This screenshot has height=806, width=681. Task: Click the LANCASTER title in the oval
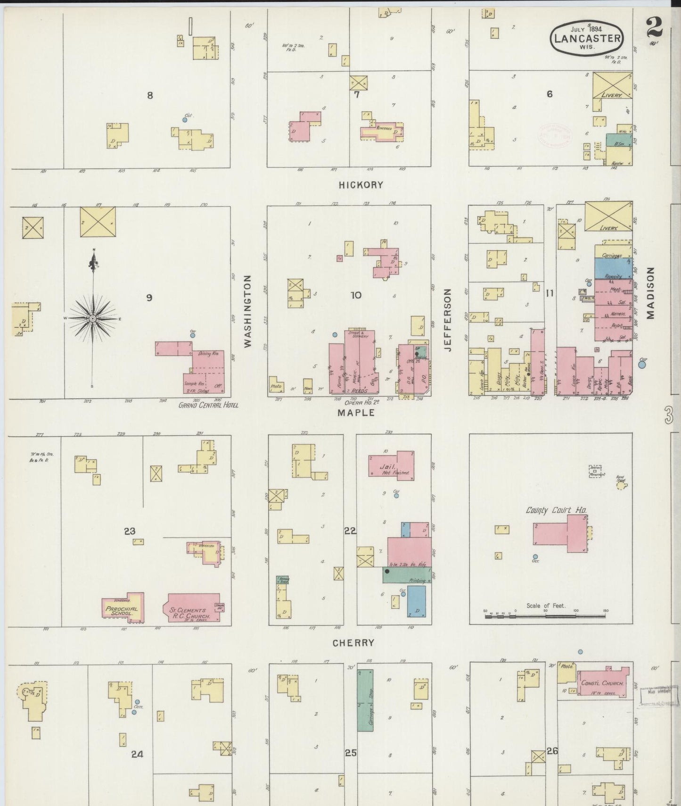[587, 38]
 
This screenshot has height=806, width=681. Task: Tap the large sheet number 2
[655, 27]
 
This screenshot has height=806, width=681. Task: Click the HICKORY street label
[361, 185]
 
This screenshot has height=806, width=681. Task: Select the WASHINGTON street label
[248, 311]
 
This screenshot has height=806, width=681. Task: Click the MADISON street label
[651, 293]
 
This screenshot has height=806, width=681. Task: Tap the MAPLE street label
[356, 413]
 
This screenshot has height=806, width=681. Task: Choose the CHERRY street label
[353, 642]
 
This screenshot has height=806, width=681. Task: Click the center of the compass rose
[93, 319]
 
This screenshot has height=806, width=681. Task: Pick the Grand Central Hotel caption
[208, 405]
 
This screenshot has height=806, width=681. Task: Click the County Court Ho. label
[556, 510]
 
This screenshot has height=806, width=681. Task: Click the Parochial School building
[122, 608]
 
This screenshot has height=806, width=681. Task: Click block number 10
[356, 295]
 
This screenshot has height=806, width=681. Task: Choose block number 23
[130, 531]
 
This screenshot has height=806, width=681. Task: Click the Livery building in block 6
[612, 85]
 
